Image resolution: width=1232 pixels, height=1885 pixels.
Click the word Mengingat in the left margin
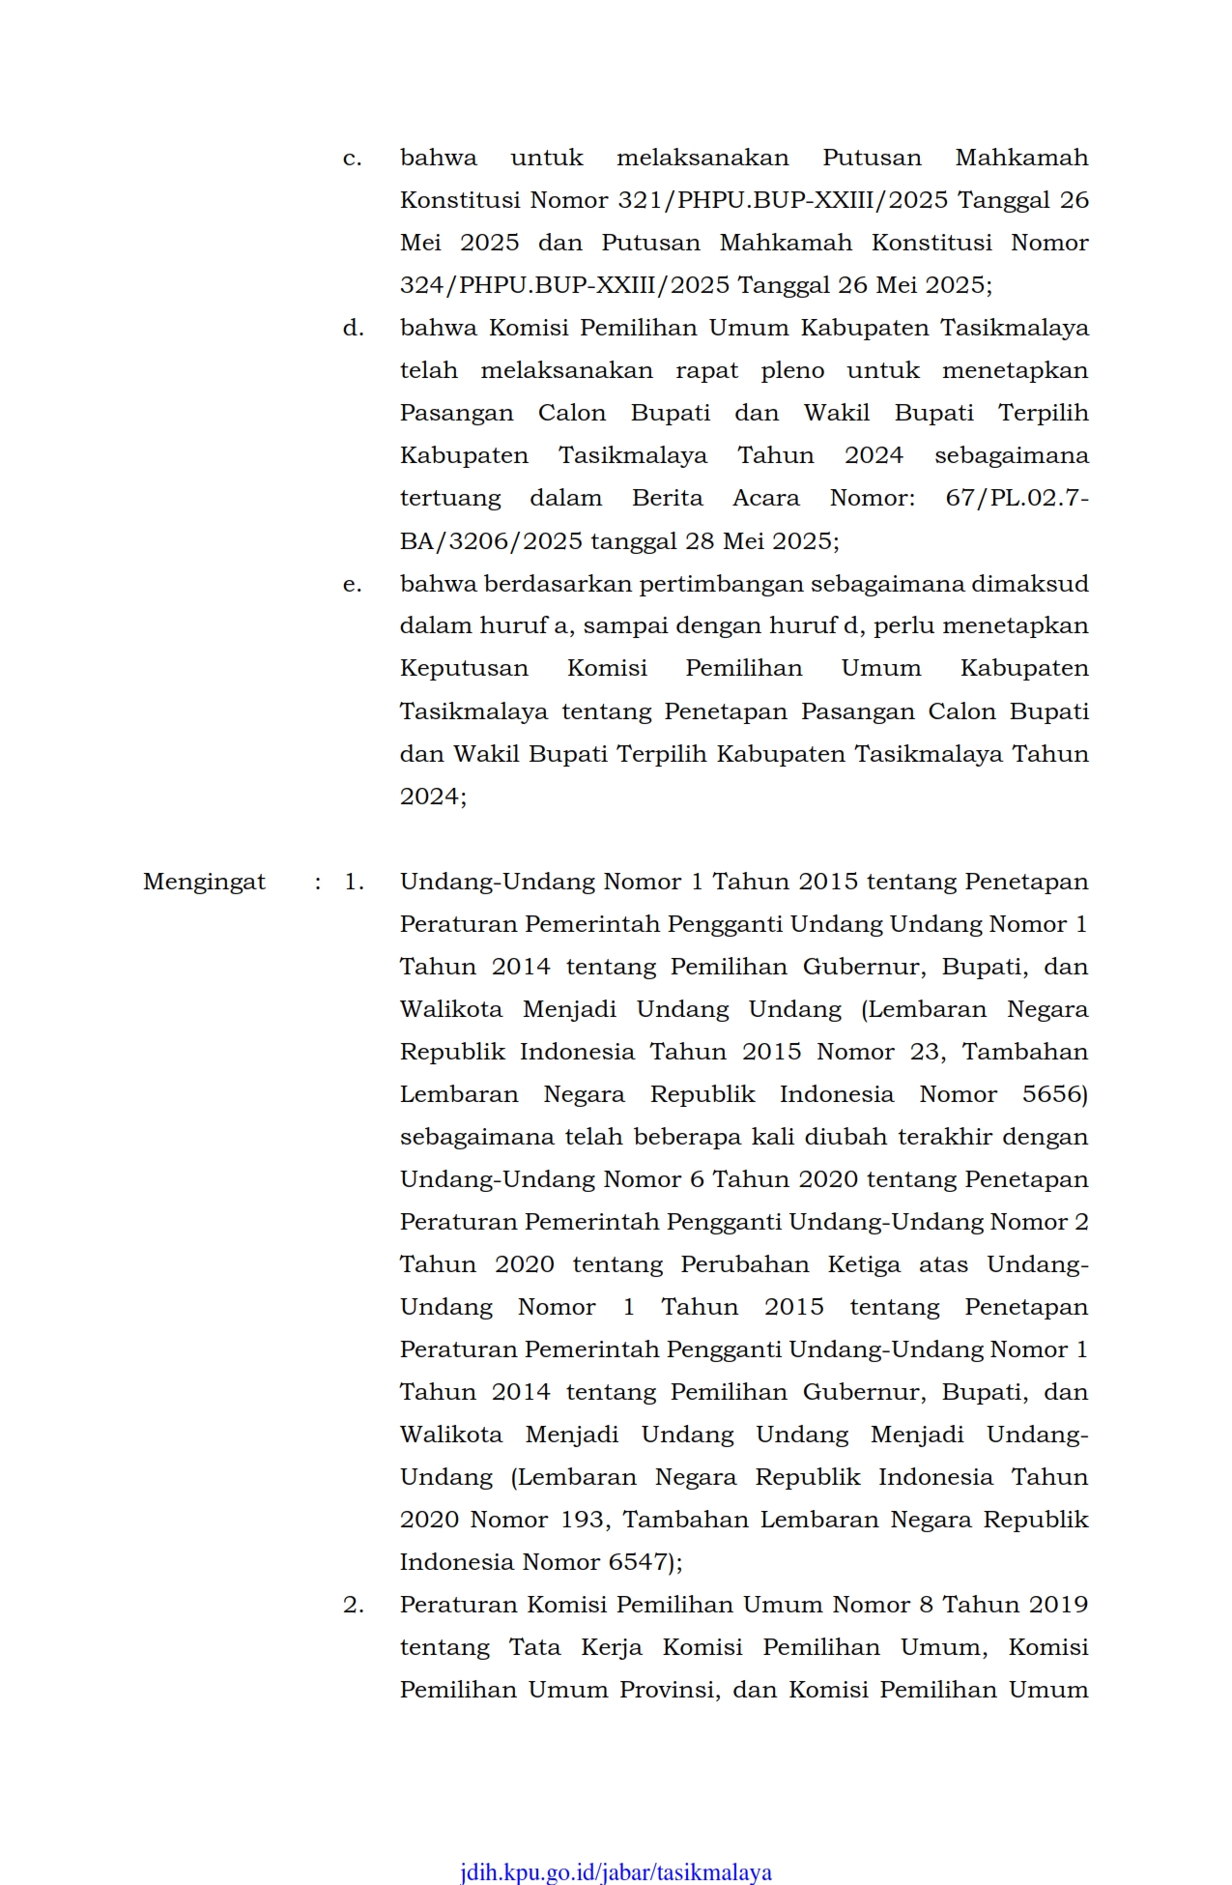pyautogui.click(x=204, y=882)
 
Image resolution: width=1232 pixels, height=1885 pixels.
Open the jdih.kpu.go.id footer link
pyautogui.click(x=616, y=1871)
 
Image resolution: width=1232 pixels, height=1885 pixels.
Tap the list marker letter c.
pyautogui.click(x=352, y=158)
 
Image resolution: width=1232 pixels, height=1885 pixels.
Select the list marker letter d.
pyautogui.click(x=353, y=328)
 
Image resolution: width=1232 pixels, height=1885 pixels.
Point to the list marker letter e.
pyautogui.click(x=352, y=584)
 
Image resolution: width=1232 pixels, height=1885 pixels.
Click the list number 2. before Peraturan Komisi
pyautogui.click(x=354, y=1605)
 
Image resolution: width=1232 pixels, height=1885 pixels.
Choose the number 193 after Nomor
pyautogui.click(x=584, y=1520)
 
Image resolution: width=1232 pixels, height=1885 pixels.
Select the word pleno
pyautogui.click(x=792, y=370)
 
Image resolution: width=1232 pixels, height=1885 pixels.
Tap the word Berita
pyautogui.click(x=668, y=498)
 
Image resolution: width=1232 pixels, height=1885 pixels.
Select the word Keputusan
pyautogui.click(x=464, y=669)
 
